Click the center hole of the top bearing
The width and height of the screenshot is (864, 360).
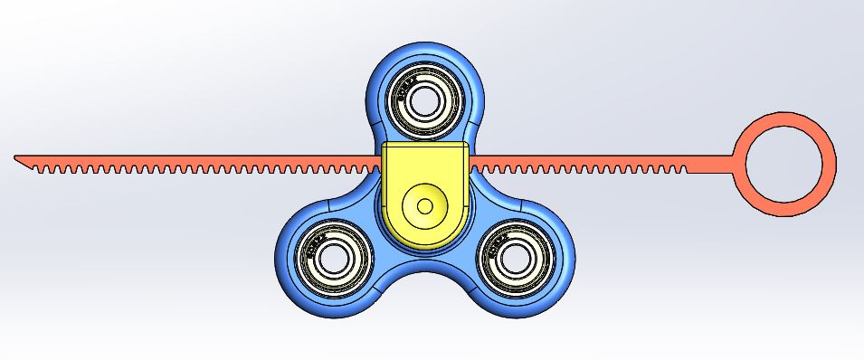click(423, 99)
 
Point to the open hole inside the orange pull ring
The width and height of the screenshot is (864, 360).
click(783, 165)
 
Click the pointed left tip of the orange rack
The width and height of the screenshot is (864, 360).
click(17, 158)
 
